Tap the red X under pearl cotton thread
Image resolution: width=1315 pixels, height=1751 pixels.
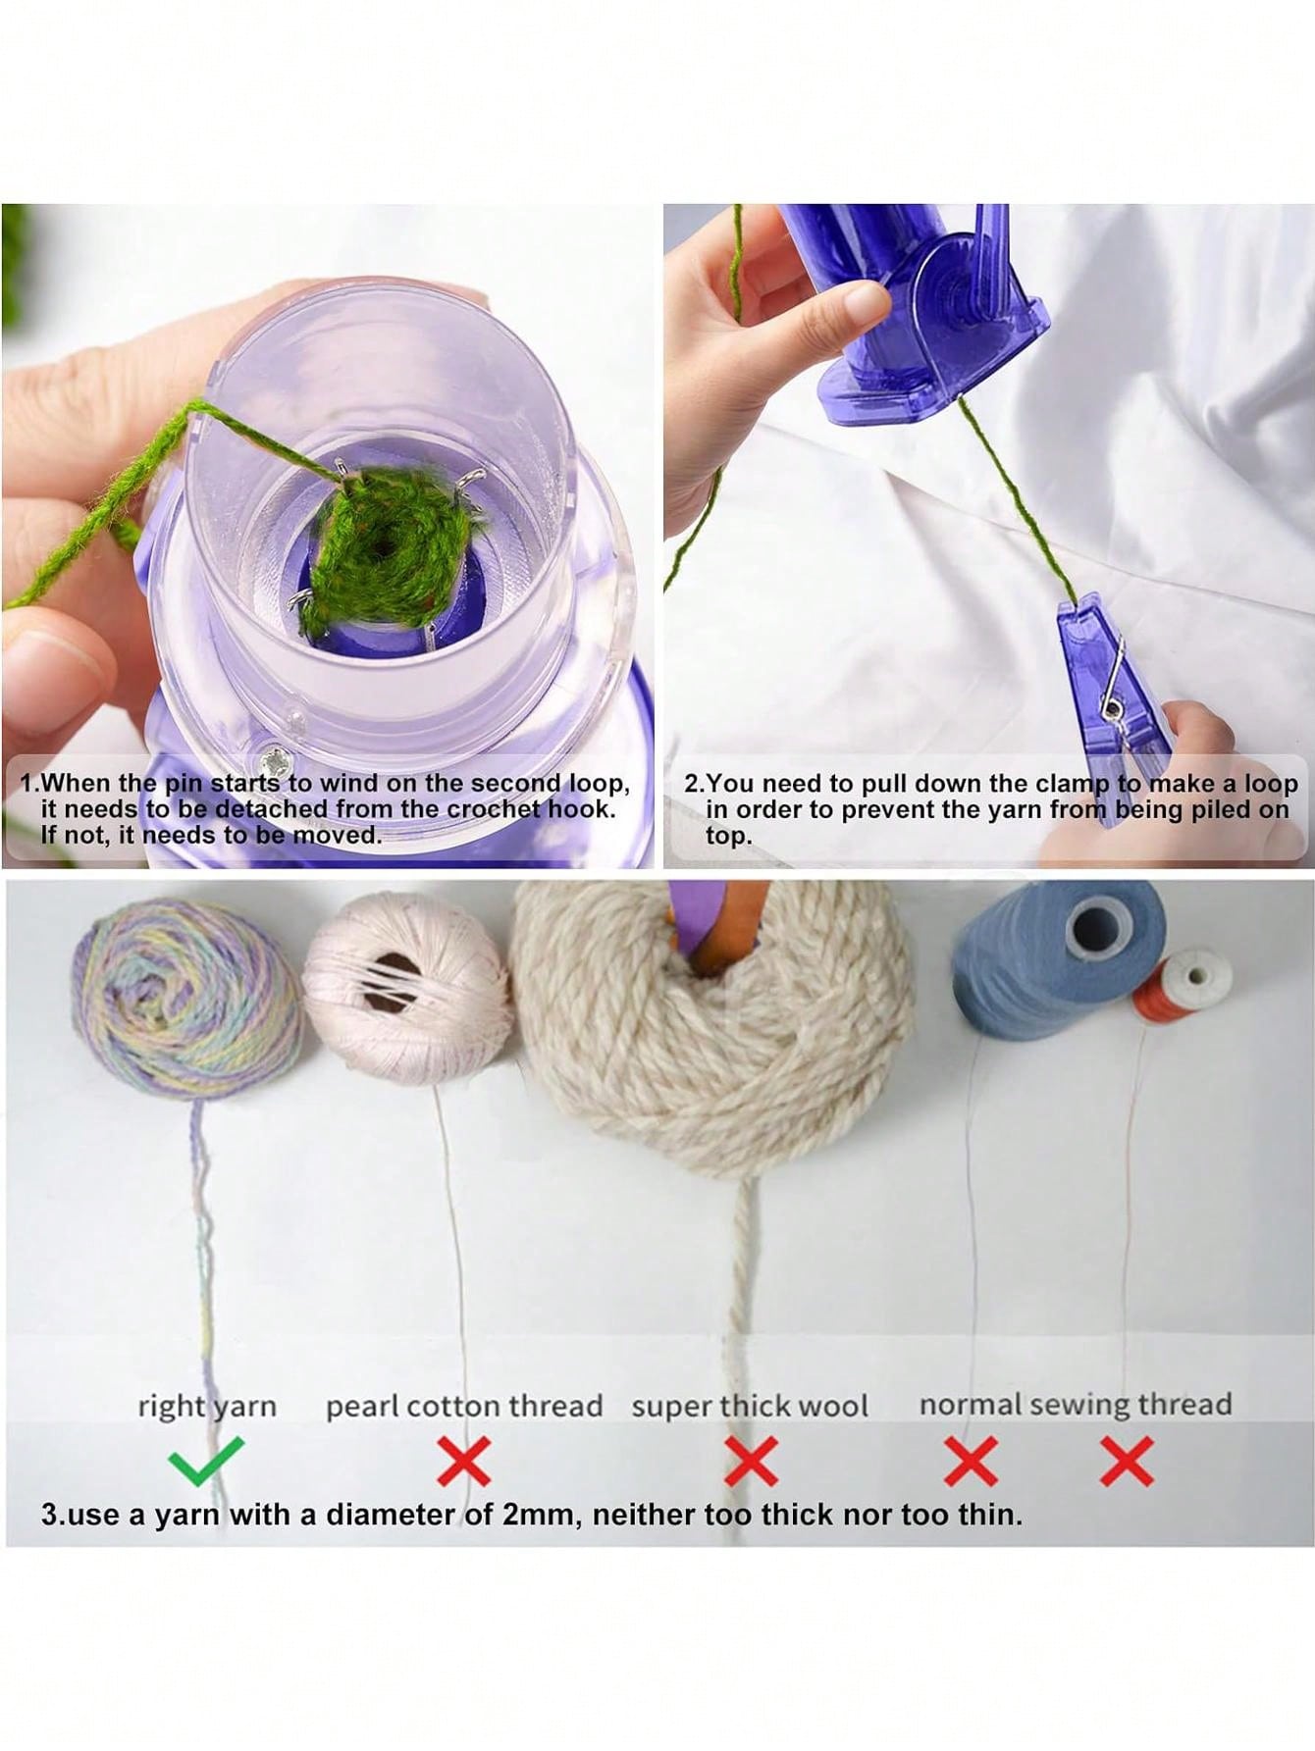[x=463, y=1462]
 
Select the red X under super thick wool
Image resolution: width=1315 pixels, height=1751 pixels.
[x=751, y=1462]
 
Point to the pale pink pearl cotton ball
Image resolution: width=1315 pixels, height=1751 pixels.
[x=407, y=986]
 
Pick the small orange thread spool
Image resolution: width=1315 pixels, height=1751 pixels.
[x=1183, y=986]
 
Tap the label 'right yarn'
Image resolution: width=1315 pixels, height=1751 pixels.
[x=207, y=1406]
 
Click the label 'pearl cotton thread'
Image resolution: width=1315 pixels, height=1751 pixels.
[x=463, y=1406]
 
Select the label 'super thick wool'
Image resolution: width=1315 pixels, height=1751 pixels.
[x=750, y=1406]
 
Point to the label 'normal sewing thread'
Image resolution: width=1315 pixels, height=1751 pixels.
[x=1075, y=1404]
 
